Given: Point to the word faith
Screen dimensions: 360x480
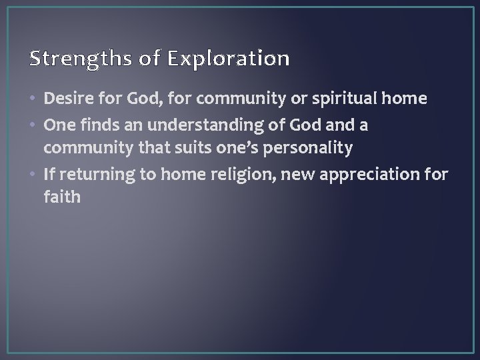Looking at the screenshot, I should coord(62,197).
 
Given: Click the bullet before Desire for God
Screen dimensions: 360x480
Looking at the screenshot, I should coord(35,100).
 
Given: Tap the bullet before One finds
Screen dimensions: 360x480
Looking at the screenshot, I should coord(35,125).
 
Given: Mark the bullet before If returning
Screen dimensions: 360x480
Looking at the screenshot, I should coord(35,174).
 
